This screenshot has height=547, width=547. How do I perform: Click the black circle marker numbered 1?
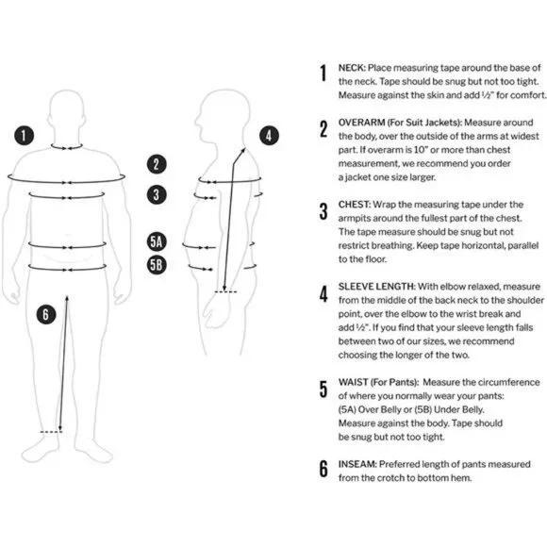25,136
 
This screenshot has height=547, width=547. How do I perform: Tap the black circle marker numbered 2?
157,164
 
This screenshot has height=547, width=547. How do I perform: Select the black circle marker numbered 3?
157,194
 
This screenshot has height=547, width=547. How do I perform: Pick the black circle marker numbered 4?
269,136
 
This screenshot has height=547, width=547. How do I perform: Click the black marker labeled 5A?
157,242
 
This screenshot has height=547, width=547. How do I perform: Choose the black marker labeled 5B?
157,265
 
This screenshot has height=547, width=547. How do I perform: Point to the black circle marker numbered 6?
46,314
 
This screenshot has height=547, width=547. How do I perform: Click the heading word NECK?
352,68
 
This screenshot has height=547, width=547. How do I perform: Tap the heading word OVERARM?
361,123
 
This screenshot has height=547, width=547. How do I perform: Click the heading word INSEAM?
357,465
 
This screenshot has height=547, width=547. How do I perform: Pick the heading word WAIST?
353,382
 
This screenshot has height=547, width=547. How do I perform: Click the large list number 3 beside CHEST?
323,212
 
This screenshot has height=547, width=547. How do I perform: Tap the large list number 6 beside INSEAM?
323,468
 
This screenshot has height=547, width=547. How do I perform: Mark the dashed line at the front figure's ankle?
51,432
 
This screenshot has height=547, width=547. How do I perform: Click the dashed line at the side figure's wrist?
225,292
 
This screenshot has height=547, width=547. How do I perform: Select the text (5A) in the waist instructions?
347,409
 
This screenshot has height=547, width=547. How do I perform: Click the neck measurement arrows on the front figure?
67,147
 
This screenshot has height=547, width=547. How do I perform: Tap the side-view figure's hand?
217,311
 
